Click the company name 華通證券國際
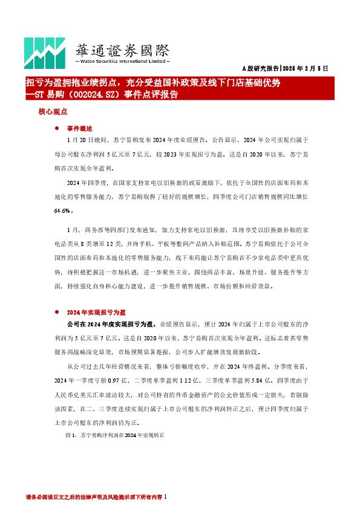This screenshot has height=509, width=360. (121, 50)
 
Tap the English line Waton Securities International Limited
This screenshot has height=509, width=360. (121, 62)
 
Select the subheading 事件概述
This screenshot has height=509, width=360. (80, 129)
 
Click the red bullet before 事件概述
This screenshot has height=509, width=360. (56, 129)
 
